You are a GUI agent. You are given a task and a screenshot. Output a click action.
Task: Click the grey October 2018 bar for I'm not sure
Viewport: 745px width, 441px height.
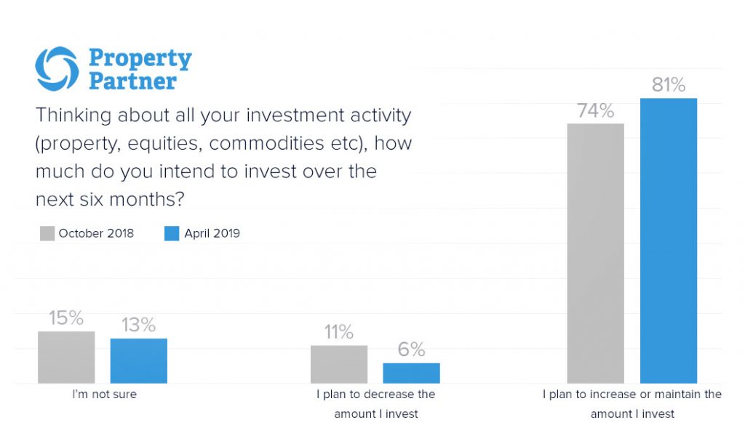66,357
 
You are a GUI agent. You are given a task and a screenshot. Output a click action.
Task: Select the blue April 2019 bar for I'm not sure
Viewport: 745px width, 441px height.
139,361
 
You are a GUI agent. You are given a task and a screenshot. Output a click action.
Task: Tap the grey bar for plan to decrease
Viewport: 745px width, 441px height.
339,364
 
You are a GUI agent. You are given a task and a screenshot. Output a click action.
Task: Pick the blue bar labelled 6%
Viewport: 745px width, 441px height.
412,373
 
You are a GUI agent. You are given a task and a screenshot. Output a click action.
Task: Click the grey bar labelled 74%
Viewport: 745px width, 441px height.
595,254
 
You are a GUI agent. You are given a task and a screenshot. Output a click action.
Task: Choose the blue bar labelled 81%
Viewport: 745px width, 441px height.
669,240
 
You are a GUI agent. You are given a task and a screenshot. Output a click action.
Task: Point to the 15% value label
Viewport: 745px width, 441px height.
66,318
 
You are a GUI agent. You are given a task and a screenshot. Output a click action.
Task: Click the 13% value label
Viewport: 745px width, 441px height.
138,325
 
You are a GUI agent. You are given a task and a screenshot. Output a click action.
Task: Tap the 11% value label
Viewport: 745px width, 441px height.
339,332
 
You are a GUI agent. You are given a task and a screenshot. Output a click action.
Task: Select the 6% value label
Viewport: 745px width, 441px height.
412,350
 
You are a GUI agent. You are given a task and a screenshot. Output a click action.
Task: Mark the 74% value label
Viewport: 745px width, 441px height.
596,110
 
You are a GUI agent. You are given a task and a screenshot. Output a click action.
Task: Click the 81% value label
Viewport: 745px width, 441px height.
669,85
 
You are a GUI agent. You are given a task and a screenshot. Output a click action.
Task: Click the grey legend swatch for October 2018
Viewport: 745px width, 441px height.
47,233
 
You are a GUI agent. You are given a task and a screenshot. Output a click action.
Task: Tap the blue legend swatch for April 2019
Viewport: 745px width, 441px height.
172,233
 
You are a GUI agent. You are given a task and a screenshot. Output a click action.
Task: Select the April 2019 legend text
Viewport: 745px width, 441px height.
212,233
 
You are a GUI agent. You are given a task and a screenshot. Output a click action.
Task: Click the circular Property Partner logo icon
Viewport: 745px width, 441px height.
57,69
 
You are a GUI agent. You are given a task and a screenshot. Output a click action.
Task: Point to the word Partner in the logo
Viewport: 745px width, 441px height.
132,81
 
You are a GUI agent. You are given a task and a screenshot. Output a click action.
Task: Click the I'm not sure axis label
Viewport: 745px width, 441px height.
104,395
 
